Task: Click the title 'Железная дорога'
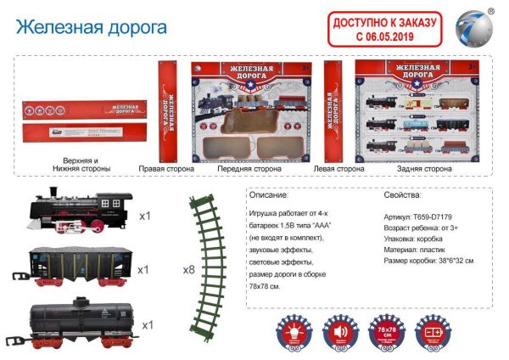click(92, 25)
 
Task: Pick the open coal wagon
click(81, 266)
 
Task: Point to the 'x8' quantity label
click(188, 270)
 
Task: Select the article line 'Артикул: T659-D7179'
click(418, 217)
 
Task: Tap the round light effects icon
click(293, 329)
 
